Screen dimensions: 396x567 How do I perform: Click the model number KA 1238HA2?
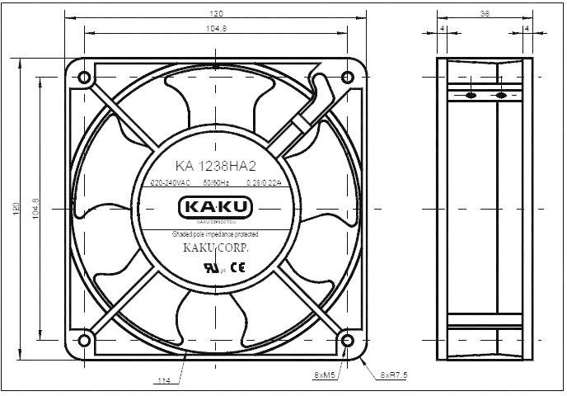click(215, 165)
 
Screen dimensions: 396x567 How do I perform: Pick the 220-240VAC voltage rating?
click(172, 182)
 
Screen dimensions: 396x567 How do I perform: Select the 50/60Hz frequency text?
click(215, 182)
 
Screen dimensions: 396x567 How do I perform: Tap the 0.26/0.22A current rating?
click(260, 182)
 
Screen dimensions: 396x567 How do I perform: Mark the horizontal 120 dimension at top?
click(216, 14)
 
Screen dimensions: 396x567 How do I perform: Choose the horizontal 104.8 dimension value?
click(216, 28)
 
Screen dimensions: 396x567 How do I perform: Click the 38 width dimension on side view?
click(483, 14)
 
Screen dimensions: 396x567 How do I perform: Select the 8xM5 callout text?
click(325, 375)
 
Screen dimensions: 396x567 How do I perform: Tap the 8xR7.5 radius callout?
click(394, 375)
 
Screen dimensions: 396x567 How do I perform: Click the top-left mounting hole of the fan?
click(84, 78)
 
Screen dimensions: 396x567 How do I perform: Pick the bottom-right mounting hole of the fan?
click(347, 339)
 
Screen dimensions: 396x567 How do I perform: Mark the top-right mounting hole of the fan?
click(347, 78)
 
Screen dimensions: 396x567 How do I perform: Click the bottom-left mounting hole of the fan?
click(84, 339)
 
